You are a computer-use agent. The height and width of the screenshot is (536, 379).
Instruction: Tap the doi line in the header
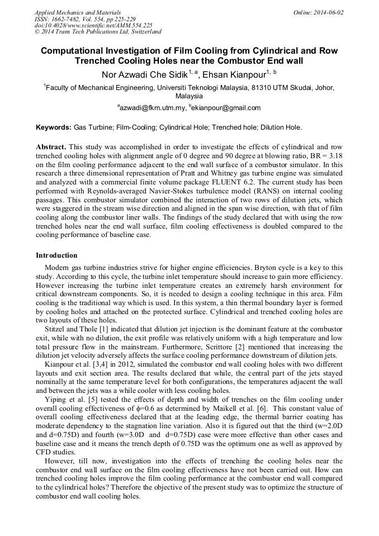click(x=93, y=26)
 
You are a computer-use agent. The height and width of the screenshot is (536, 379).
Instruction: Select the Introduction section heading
click(x=56, y=255)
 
